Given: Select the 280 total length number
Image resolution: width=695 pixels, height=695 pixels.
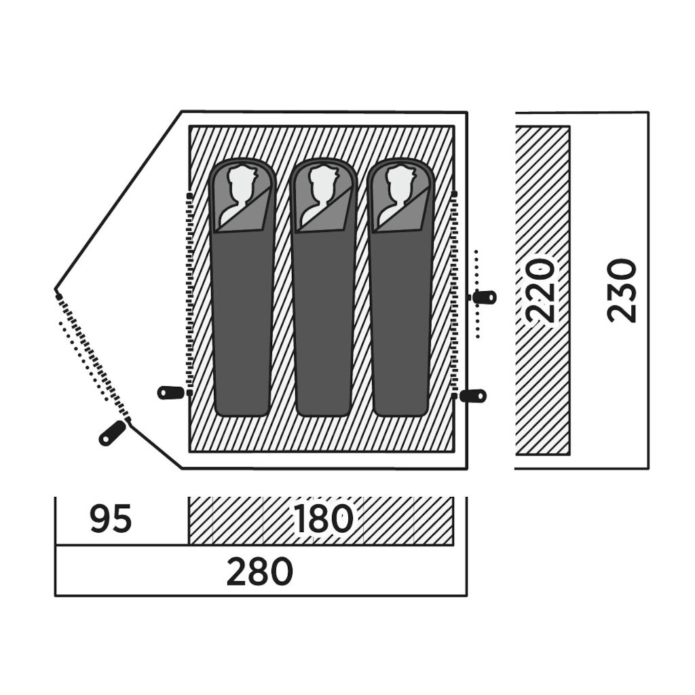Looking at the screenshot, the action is pos(260,571).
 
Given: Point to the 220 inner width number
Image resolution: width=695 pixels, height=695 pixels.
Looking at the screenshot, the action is pos(541,290).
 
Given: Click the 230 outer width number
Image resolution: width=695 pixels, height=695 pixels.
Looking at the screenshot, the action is pos(622,290).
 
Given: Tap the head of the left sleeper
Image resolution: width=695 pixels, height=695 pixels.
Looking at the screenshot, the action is pos(242,190).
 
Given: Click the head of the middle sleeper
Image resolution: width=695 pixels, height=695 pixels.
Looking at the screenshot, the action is pos(322,190).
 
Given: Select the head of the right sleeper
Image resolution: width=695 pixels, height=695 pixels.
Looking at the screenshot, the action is pos(400,190).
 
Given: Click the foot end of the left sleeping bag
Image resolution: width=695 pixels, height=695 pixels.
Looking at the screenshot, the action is pos(242,408).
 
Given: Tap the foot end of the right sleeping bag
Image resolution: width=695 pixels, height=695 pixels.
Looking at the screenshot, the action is pos(400,408).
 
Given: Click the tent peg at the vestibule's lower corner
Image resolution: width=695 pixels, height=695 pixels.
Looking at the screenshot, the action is pos(113,433).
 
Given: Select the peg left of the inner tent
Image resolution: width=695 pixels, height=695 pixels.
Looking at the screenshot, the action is pos(171,392).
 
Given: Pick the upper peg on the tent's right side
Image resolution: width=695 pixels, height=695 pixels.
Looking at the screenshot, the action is pos(485,297).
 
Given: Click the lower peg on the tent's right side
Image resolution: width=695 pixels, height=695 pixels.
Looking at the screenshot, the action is pos(473,396).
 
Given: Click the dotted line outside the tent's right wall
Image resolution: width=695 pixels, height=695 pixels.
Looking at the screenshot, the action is pos(477,294).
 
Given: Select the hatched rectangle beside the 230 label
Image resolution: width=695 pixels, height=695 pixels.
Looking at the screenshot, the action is pos(542,290).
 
